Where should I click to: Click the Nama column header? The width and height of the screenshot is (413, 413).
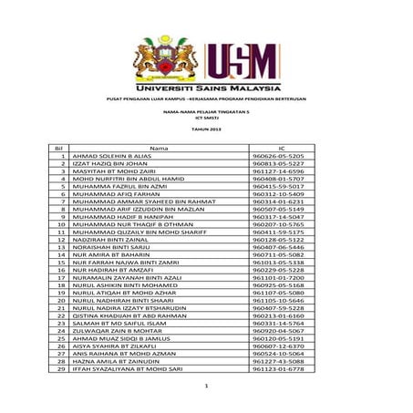pos(160,147)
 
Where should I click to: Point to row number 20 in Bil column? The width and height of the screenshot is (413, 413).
pos(60,297)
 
